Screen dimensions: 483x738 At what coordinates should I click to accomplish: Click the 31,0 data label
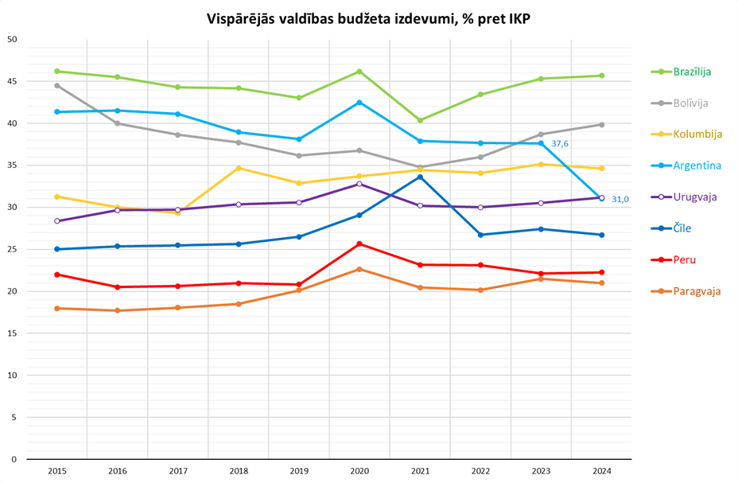(620, 199)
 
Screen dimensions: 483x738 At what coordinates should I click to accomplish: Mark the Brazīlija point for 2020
(359, 72)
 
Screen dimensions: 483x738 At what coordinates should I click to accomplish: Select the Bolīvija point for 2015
(57, 85)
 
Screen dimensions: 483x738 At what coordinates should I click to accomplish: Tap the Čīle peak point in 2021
(420, 177)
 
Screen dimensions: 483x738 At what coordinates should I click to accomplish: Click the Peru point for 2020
(359, 243)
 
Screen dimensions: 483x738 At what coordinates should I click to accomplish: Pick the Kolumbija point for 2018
(239, 168)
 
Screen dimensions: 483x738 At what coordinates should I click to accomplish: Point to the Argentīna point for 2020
(359, 103)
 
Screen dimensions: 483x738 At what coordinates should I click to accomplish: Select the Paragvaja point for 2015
(57, 308)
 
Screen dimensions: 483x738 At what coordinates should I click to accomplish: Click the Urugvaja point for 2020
(359, 184)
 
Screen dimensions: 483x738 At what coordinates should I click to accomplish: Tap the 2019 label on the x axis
(299, 471)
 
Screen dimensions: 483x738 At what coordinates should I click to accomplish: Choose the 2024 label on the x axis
(601, 471)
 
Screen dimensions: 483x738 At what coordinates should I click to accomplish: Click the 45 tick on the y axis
(11, 82)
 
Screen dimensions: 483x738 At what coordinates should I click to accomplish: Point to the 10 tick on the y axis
(11, 375)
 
